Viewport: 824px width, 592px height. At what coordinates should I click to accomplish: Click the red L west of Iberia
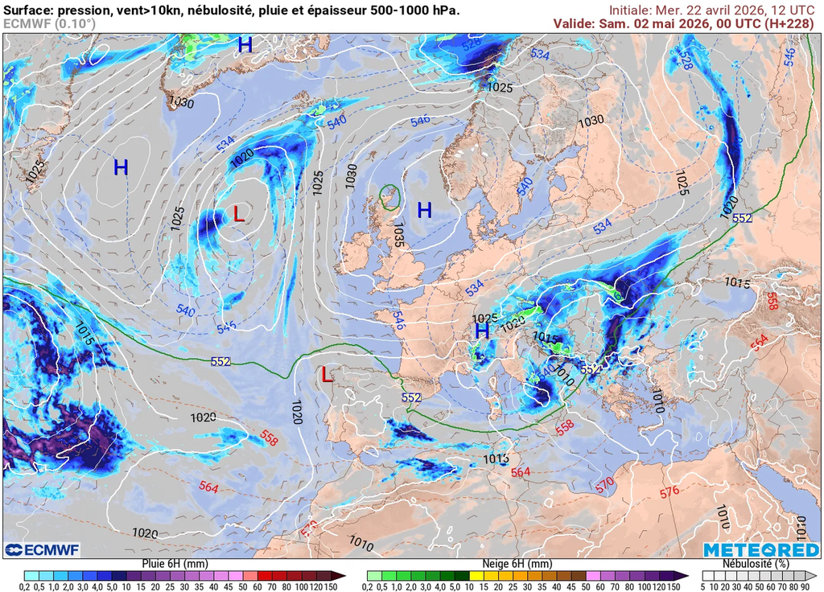point(326,375)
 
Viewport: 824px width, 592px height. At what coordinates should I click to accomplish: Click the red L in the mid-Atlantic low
point(239,214)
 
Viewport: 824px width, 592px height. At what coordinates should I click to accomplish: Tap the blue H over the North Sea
point(424,211)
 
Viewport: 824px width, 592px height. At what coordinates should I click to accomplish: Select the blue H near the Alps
point(482,331)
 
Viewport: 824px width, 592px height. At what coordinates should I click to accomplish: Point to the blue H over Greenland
point(245,46)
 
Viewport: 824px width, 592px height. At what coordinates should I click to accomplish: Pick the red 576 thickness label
point(669,491)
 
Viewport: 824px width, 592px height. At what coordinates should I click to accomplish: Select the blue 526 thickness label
point(472,46)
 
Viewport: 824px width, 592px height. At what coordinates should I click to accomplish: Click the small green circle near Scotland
point(390,196)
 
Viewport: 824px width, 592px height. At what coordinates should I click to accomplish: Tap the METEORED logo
point(761,549)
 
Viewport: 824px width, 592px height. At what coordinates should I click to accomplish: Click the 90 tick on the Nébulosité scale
point(804,586)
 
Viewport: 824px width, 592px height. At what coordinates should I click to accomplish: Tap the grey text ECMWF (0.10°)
point(49,23)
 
